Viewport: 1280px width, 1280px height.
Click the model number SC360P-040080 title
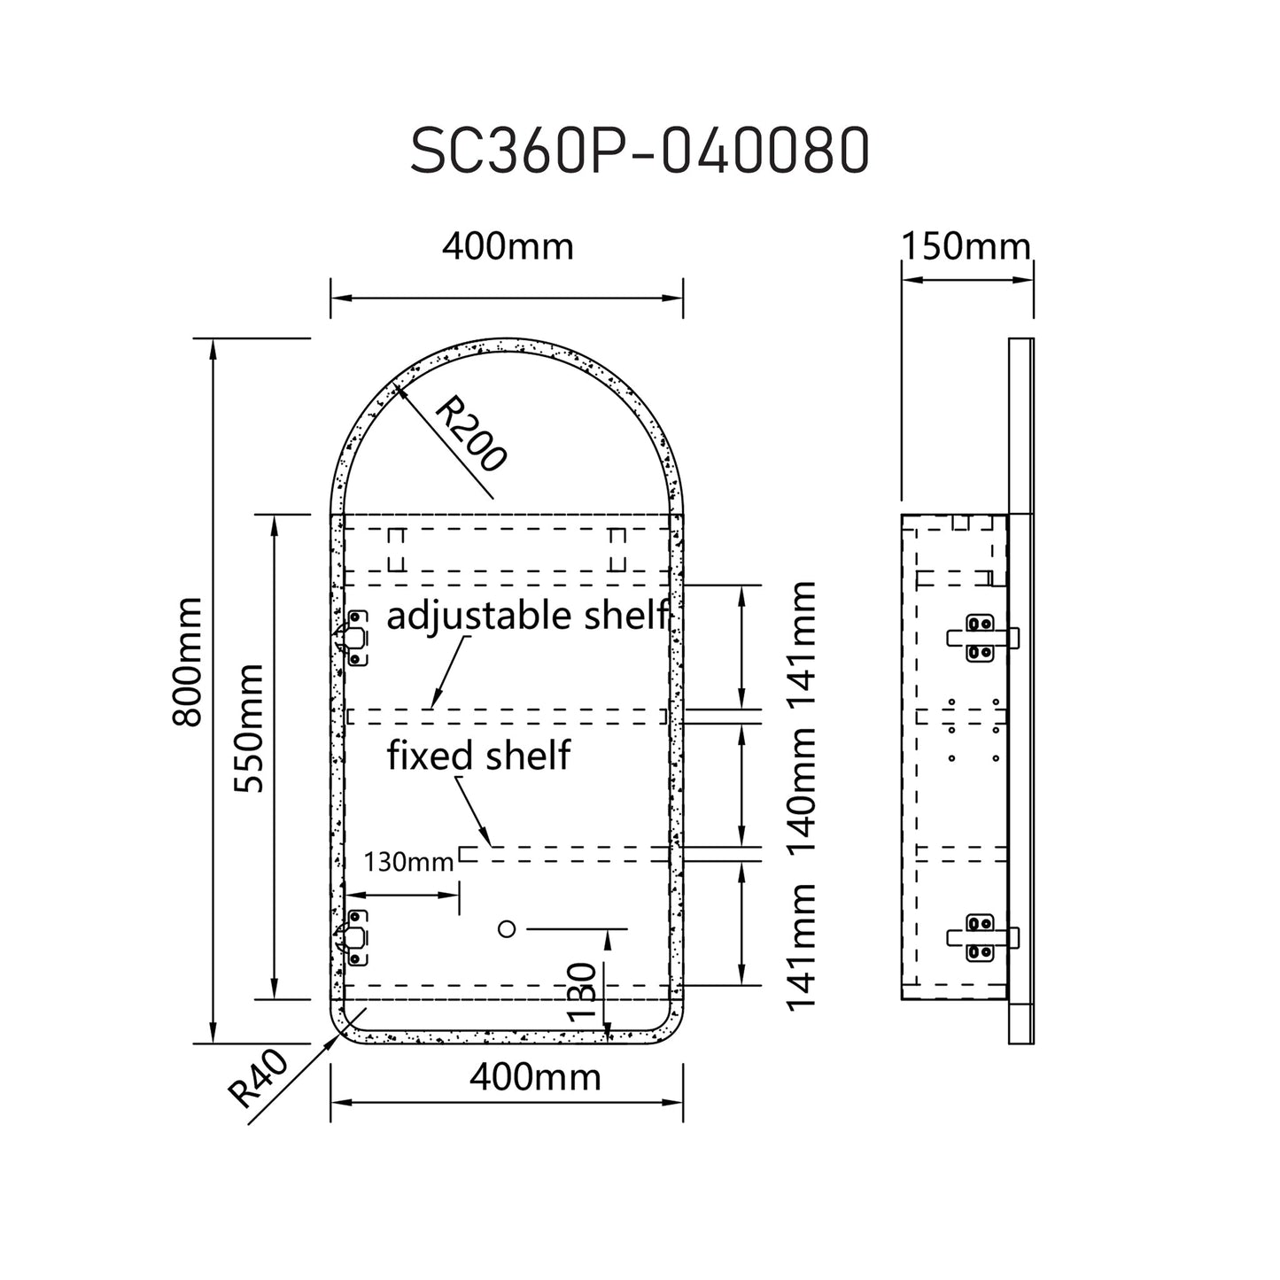click(639, 152)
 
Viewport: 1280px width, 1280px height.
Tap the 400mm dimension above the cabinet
click(508, 246)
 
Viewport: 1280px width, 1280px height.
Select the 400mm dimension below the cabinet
click(535, 1077)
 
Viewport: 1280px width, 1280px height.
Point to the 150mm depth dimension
click(966, 246)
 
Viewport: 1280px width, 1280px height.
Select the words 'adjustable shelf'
click(527, 615)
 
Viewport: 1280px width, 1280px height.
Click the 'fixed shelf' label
click(478, 756)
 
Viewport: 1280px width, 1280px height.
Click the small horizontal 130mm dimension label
click(408, 860)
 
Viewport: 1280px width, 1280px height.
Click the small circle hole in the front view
click(507, 928)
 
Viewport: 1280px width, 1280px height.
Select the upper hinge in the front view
click(353, 637)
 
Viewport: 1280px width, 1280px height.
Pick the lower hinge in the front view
click(353, 937)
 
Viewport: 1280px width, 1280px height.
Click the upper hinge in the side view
click(981, 638)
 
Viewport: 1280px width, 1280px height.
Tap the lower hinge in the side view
click(981, 937)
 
